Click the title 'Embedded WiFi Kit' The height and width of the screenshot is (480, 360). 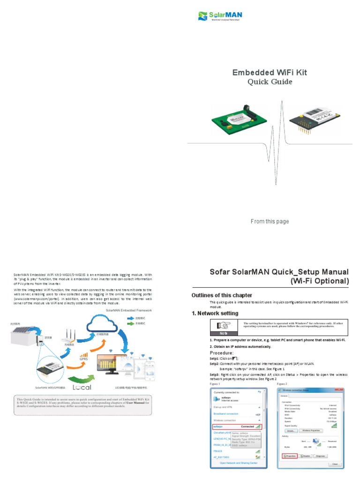tap(270, 72)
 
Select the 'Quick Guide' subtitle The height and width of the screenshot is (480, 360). tap(270, 82)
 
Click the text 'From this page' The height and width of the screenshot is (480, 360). tap(270, 221)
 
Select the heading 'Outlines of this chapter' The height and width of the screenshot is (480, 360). tap(222, 295)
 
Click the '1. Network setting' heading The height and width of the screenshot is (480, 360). tap(215, 313)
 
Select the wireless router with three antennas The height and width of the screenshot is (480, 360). tap(68, 337)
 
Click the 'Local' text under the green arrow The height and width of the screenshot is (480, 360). tap(82, 387)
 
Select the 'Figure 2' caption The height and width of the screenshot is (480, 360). tap(282, 383)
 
